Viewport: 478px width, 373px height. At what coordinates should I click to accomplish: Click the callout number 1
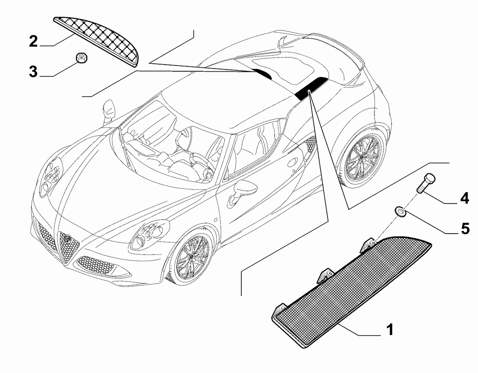pos(390,330)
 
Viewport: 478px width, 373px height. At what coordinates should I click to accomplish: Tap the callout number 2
pos(33,41)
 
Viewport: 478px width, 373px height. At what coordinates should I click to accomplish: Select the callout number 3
pos(33,72)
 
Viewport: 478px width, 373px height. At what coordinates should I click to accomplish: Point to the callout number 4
pos(465,198)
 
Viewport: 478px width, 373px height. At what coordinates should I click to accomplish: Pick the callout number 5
pos(465,229)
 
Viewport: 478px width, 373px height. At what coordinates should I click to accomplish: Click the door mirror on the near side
pos(241,191)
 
